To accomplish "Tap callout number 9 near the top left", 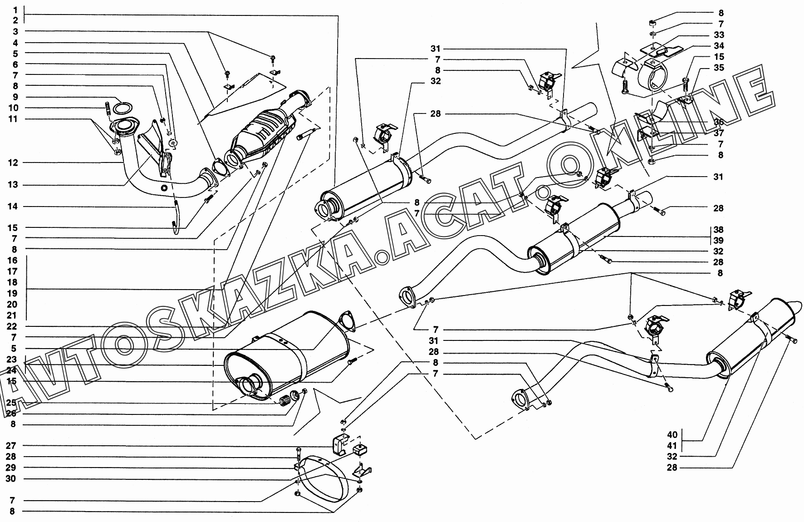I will coord(15,97).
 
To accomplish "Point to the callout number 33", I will coord(719,35).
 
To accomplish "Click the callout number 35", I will coord(719,68).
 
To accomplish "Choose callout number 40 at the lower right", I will coord(672,434).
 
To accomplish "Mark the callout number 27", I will coord(11,446).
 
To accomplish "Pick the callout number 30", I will coord(11,479).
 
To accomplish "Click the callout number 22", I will coord(12,327).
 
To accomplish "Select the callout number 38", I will coord(718,230).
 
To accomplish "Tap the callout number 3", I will coord(15,31).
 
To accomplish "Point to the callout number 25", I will coord(11,403).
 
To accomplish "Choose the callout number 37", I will coord(719,133).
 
